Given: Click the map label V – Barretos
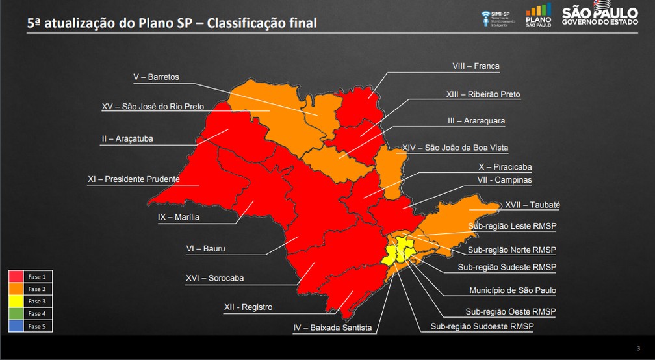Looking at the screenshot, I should [156, 77].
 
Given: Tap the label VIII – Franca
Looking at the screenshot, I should [476, 66].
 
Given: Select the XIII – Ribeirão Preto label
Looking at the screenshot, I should [483, 94].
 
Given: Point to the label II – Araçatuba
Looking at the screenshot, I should [127, 138].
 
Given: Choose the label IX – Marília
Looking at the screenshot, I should [179, 217].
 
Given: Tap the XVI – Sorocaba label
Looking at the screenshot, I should [214, 278].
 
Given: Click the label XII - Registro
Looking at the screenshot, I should [248, 307].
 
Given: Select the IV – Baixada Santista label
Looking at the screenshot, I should [332, 328].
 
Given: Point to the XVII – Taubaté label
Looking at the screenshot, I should [532, 205].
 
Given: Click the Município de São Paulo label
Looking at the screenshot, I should [513, 290].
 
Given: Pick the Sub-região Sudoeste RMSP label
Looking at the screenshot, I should [482, 326].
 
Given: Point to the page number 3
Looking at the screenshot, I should [637, 347].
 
